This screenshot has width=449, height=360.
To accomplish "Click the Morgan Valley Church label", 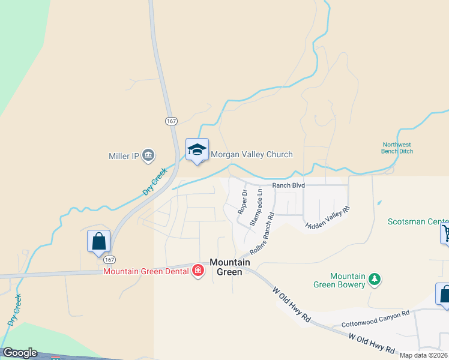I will [x=251, y=154].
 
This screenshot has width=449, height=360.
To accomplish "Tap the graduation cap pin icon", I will [x=197, y=150].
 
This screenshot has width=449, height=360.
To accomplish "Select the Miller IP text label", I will [x=124, y=156].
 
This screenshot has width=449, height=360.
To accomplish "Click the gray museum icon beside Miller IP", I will [x=148, y=156].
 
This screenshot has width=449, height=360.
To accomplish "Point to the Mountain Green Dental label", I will [x=146, y=271].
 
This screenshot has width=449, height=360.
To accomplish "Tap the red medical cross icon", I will [x=197, y=271].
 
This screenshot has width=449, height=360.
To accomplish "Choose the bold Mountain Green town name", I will [x=226, y=267].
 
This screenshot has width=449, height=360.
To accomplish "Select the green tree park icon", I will [x=375, y=278].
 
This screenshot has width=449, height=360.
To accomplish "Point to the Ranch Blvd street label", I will [x=288, y=185].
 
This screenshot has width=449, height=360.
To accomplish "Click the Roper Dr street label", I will [x=243, y=202].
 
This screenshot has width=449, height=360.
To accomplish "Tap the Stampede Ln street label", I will [x=256, y=207].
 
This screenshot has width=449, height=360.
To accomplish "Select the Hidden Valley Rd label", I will [x=327, y=218].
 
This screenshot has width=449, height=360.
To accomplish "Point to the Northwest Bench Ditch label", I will [x=397, y=148].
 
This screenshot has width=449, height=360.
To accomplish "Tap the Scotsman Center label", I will [x=418, y=221].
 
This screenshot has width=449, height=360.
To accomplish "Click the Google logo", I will [x=19, y=353].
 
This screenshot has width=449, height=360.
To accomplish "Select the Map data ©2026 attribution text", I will [x=424, y=355].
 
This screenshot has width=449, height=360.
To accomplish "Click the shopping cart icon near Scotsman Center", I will [x=446, y=233].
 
